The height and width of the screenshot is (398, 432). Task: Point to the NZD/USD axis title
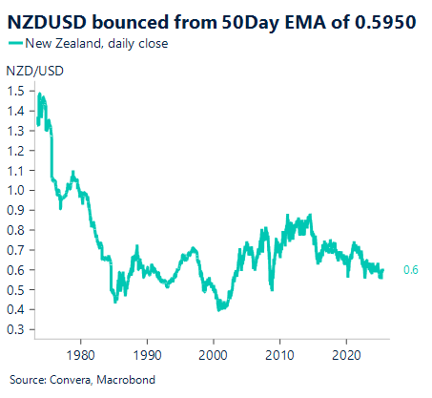[x=29, y=72]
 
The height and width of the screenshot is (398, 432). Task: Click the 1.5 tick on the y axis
[x=16, y=91]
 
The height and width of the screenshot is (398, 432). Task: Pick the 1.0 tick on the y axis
[x=16, y=190]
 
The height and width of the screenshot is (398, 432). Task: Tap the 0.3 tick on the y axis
[x=16, y=329]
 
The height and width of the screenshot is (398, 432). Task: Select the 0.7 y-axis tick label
[x=16, y=250]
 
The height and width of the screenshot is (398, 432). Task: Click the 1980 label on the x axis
[x=80, y=350]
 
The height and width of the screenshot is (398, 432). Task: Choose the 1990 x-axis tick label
[x=147, y=350]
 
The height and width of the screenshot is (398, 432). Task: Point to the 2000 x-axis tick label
[x=213, y=350]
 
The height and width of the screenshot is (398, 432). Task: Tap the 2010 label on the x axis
[x=279, y=350]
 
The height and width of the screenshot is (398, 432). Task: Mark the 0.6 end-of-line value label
[x=409, y=271]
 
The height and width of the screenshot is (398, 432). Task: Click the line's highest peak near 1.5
[x=39, y=94]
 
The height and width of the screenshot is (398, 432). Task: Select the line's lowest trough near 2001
[x=219, y=309]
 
